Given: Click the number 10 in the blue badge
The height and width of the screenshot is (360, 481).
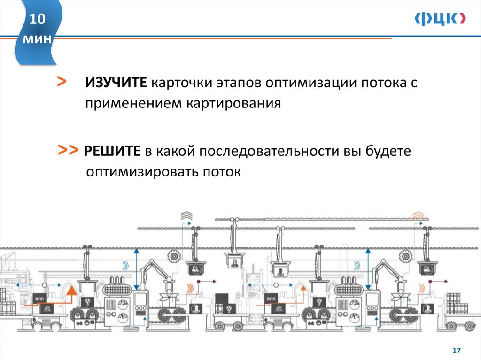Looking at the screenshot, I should [37, 20].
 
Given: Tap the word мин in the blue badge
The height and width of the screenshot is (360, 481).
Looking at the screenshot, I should [37, 39].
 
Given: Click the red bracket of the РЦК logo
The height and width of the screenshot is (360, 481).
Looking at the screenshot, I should [463, 18].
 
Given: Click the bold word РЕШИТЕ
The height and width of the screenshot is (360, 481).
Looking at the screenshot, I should [113, 152].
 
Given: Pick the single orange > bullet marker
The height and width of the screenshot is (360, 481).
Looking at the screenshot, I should [61, 82].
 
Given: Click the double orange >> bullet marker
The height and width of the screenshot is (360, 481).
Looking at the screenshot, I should [69, 150].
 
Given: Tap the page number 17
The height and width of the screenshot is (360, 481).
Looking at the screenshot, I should [457, 351].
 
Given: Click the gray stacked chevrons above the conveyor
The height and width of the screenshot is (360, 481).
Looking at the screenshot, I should [186, 215].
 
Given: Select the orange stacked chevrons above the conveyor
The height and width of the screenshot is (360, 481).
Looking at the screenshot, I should [417, 215].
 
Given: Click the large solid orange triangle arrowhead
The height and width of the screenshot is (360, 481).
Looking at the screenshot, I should [71, 292].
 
